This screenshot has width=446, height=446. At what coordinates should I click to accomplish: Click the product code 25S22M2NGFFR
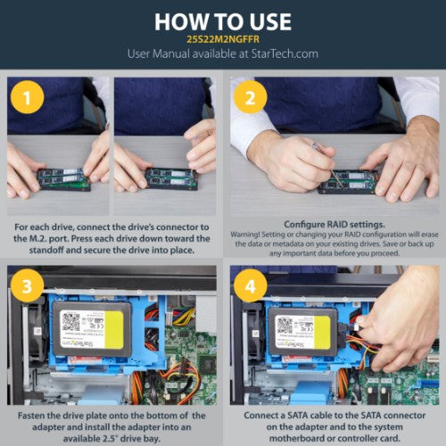pos(222,40)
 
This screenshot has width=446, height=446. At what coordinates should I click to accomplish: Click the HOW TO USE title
pos(222,21)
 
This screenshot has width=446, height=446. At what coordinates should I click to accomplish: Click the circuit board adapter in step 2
pos(349,181)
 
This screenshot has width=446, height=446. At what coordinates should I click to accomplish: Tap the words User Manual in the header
pos(157,54)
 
